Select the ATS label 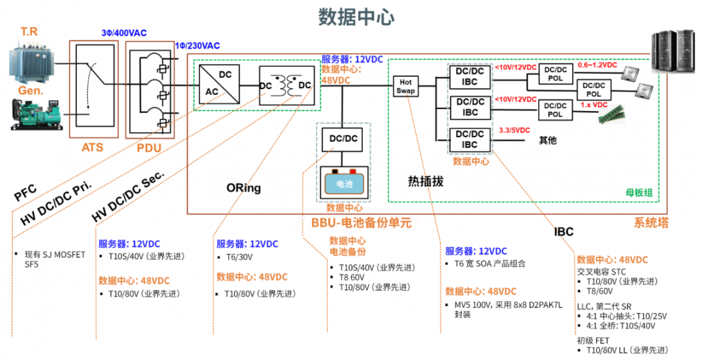click(x=92, y=148)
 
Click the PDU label click(x=149, y=148)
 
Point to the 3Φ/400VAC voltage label click(x=124, y=32)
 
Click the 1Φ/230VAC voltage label click(x=198, y=45)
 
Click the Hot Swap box click(x=406, y=86)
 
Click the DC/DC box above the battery click(x=343, y=139)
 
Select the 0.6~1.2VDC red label click(x=598, y=65)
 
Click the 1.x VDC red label click(x=593, y=105)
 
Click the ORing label click(x=243, y=188)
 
